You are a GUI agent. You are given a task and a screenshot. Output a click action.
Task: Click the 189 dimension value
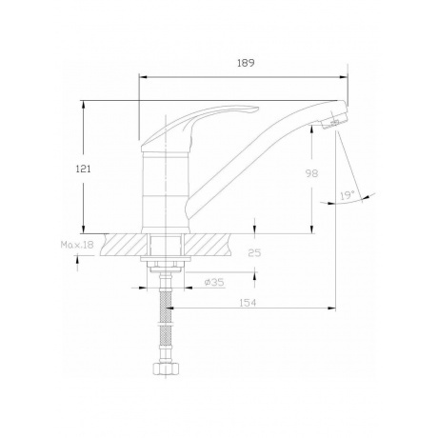coord(246,63)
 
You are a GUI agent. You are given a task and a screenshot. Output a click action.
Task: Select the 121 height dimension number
coord(83,169)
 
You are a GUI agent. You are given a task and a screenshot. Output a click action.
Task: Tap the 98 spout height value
coord(311,173)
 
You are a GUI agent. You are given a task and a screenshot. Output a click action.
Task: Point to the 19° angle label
coord(348,195)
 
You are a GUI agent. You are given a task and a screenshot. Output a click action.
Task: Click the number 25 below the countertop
coord(254,253)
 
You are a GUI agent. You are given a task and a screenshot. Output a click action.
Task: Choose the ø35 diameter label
coord(214,282)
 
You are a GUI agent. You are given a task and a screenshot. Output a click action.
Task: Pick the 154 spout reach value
coord(248,303)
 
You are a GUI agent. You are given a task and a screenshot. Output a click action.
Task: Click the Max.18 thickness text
coord(77,245)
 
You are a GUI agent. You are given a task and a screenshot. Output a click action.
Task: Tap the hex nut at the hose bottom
coord(166,369)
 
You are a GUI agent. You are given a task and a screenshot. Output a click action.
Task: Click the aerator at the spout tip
coord(334,122)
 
